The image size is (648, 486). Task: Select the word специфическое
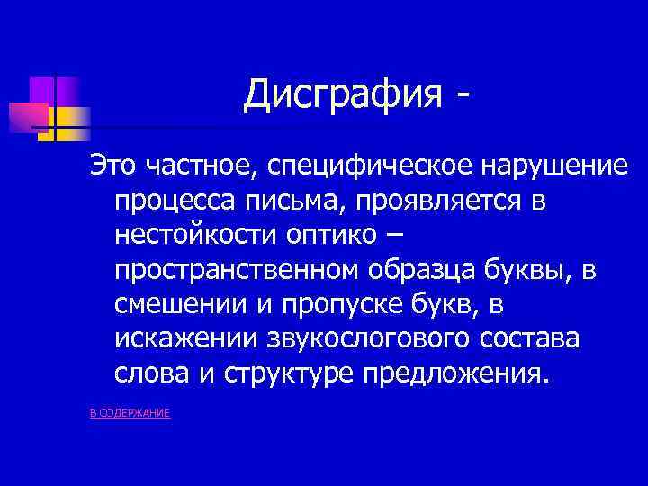368,168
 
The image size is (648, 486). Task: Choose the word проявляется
436,202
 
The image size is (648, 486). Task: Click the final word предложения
454,373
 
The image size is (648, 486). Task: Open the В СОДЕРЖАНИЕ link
130,412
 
